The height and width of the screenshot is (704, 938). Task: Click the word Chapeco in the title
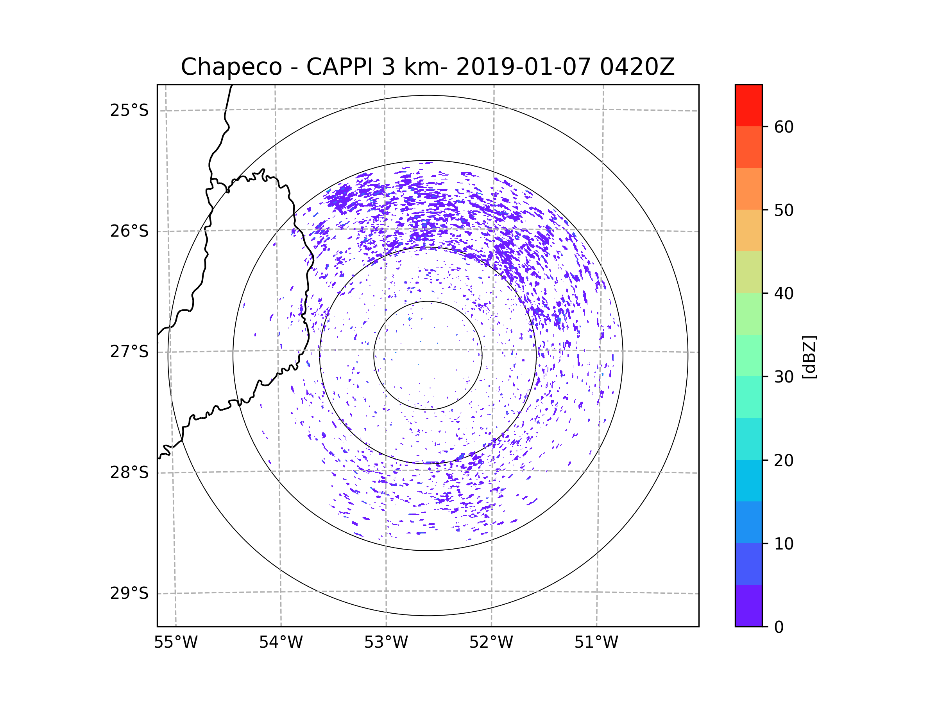coord(231,67)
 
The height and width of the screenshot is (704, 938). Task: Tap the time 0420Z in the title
coord(637,67)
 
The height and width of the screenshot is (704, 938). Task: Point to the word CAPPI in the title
coord(339,67)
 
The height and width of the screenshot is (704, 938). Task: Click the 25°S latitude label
coord(129,110)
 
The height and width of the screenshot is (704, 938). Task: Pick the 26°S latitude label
coord(129,231)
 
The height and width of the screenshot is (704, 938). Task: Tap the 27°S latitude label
coord(129,352)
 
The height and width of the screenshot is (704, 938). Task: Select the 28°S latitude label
coord(129,472)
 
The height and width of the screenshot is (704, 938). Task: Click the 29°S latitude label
coord(129,593)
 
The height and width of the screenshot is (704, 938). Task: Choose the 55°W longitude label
coord(175,643)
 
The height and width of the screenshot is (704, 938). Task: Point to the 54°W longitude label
coord(281,643)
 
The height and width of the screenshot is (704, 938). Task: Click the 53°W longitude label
coord(386,643)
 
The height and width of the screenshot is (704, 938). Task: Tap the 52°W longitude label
coord(491,643)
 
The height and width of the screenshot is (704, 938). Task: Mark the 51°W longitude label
coord(596,643)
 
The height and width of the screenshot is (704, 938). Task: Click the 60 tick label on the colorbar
coord(784,127)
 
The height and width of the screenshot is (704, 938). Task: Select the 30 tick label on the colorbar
coord(784,377)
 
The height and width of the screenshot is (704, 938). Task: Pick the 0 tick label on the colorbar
coord(779,627)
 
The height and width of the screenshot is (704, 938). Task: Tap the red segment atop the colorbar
coord(748,105)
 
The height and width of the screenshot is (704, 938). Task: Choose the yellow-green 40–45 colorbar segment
coord(748,272)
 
